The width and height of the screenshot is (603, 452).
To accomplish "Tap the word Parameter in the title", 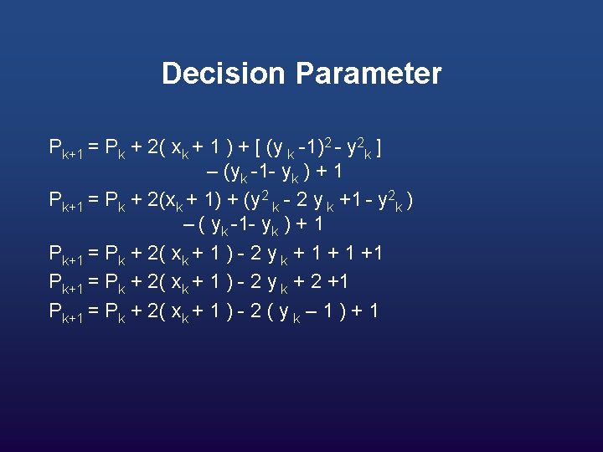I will tap(368, 74).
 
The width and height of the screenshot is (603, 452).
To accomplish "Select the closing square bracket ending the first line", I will tap(380, 150).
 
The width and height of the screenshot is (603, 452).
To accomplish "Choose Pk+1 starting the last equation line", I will tap(65, 312).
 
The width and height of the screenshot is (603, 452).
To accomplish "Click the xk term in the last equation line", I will tap(180, 312).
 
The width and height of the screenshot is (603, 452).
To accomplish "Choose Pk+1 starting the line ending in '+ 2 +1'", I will tap(65, 282).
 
